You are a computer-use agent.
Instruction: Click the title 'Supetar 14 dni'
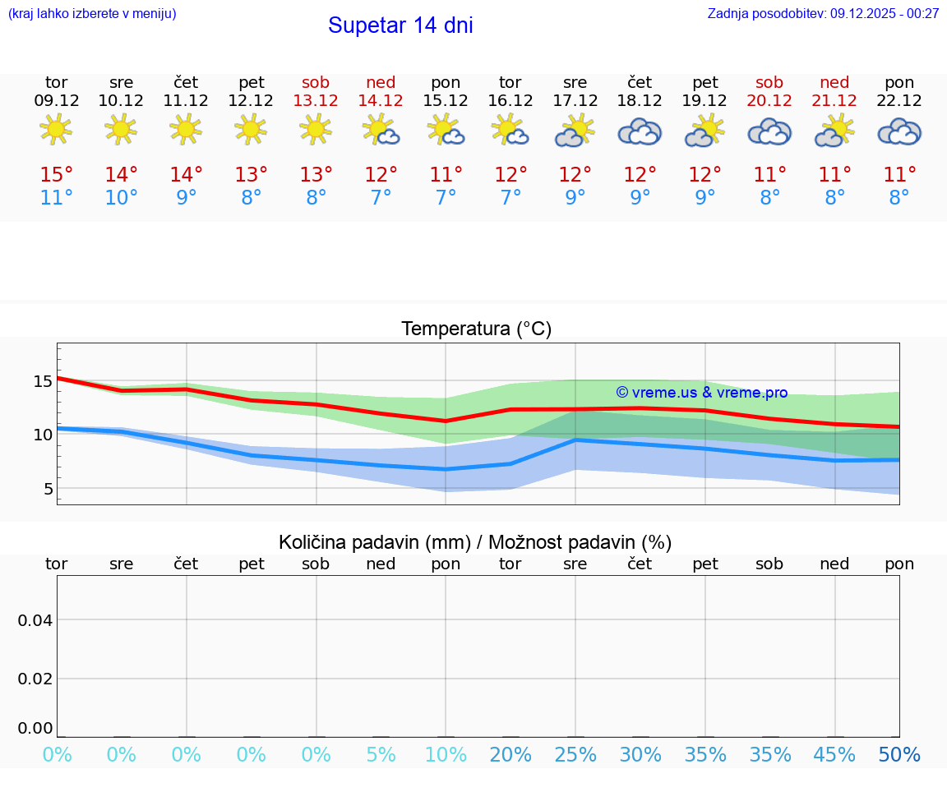coord(400,25)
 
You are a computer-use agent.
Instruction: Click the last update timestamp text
coord(823,13)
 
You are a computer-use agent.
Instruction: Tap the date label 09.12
coord(56,101)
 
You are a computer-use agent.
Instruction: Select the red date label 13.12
coord(316,101)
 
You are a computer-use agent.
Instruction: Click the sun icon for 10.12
coord(121,130)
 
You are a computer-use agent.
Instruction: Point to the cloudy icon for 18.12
coord(640,131)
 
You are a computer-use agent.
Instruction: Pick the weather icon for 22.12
coord(899,131)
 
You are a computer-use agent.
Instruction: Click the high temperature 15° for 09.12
coord(56,174)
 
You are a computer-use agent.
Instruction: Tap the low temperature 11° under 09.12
coord(56,198)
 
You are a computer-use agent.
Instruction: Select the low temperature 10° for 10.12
coord(121,198)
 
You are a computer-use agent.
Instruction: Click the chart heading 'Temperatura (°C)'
coord(476,329)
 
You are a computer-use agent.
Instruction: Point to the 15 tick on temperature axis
coord(43,380)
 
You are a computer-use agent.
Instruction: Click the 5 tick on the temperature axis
coord(48,489)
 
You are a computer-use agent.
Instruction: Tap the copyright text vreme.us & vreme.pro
coord(701,393)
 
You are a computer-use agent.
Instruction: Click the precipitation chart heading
coord(475,542)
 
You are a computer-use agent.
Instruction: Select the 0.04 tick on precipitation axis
coord(35,619)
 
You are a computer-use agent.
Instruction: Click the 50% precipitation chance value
coord(899,755)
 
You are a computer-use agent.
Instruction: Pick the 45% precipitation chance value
coord(834,755)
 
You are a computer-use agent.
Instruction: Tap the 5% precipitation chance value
coord(381,755)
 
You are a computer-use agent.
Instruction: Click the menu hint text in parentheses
coord(92,13)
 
